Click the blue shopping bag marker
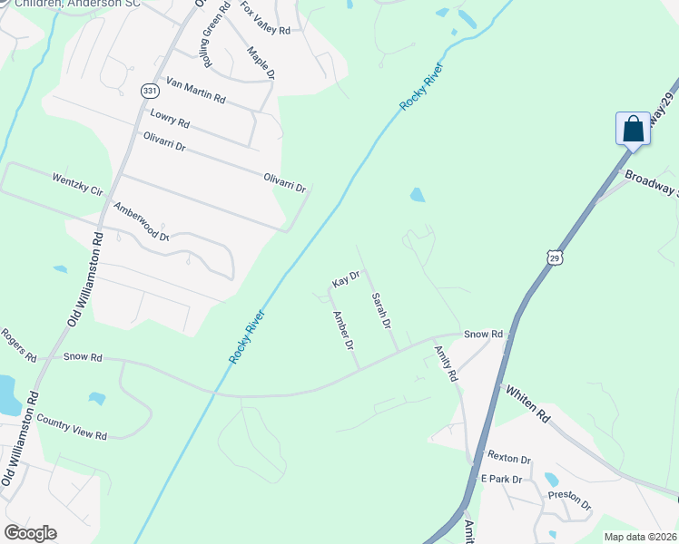[633, 129]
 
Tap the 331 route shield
[149, 91]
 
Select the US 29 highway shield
[555, 258]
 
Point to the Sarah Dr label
[381, 310]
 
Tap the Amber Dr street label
[343, 331]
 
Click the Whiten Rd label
[527, 403]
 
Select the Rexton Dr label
[508, 458]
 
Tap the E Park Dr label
[502, 479]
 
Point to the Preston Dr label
[569, 500]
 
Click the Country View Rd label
[72, 427]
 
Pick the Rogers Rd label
[18, 345]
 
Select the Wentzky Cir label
[79, 186]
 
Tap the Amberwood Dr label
[141, 221]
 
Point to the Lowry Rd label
[170, 118]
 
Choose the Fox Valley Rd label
[265, 20]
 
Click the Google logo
[30, 533]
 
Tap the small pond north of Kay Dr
[417, 195]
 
